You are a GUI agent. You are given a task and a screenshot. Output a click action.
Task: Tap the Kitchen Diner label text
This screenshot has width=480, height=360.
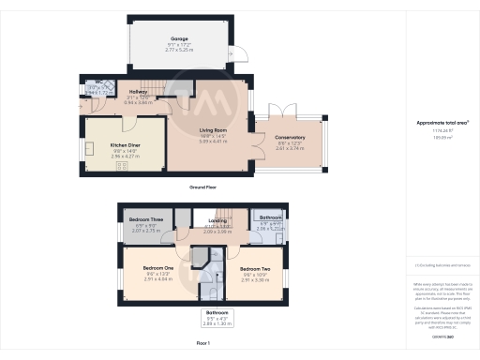[127, 146]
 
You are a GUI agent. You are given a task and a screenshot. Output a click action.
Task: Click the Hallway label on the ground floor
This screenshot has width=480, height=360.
[139, 91]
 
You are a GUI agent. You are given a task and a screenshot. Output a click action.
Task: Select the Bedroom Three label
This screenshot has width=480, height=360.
[146, 218]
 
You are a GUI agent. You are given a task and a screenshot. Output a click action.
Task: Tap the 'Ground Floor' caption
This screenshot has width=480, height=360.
[203, 187]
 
